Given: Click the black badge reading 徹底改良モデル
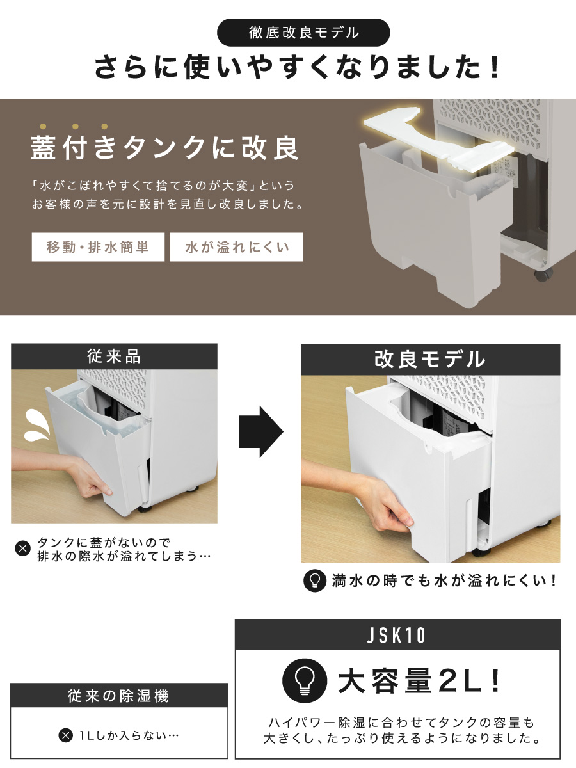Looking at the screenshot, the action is pos(303,33).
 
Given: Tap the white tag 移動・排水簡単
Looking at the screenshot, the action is pos(98,247).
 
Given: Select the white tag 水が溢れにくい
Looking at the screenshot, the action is pos(236,247).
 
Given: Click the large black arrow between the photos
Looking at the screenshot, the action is pos(261,432).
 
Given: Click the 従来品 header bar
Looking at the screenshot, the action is pos(114,356).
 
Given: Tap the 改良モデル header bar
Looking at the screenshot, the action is pos(430,359).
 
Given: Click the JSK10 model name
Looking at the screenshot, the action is pos(396,635).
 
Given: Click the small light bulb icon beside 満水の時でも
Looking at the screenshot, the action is pos(315,581).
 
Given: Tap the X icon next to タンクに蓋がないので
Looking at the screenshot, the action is pos(23,548).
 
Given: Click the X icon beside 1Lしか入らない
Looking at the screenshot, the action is pos(65,735).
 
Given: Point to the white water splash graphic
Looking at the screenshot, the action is pos(37,425).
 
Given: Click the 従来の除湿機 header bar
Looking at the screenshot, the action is pos(119,696).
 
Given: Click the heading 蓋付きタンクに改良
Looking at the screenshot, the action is pos(164,148).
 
